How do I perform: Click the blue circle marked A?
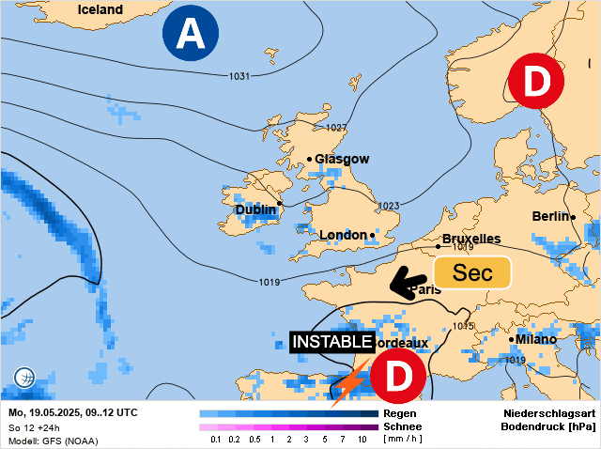click(191, 35)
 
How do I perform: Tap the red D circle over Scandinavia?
click(536, 81)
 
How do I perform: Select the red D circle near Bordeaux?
click(399, 377)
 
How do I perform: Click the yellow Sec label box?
click(471, 272)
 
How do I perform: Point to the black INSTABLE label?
click(331, 342)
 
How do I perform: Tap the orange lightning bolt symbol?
click(350, 382)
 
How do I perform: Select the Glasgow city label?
click(342, 159)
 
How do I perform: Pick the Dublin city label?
click(255, 209)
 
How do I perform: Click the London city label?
click(343, 235)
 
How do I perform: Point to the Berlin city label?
click(550, 216)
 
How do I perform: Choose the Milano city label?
click(535, 339)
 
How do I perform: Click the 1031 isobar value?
click(239, 75)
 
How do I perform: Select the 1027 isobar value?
click(336, 127)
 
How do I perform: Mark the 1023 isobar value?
click(388, 206)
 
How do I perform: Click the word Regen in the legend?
click(401, 413)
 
